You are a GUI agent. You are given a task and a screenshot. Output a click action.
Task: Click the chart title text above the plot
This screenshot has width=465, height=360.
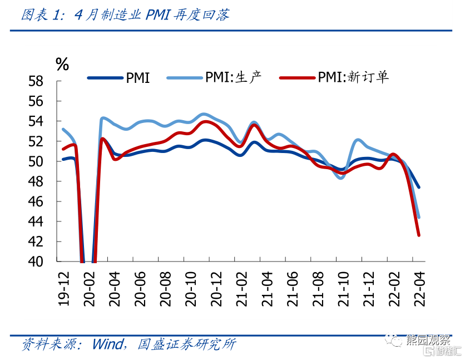click(125, 15)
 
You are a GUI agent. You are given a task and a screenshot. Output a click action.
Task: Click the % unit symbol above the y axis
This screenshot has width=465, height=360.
click(62, 64)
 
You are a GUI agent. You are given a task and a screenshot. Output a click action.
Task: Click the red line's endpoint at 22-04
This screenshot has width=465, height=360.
click(418, 235)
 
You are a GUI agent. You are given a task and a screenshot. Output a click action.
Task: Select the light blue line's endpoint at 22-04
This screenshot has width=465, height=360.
click(418, 217)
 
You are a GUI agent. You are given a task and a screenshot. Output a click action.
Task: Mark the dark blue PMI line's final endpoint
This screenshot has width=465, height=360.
click(418, 188)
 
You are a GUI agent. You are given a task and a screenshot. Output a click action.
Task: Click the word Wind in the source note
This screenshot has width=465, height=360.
click(107, 344)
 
